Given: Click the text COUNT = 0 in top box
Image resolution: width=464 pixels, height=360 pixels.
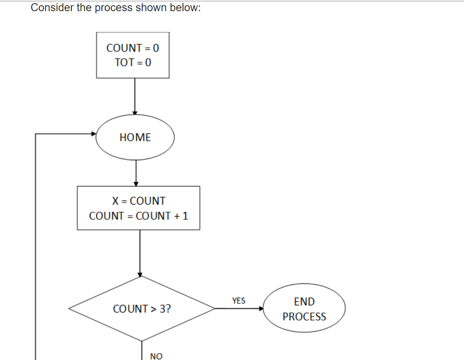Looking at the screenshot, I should (x=132, y=48).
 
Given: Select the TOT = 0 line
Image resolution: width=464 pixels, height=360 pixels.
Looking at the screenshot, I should (x=133, y=63).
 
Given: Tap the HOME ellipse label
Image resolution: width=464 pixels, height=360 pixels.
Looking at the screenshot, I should (x=135, y=137).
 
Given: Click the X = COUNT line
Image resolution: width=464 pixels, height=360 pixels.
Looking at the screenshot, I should (x=138, y=201).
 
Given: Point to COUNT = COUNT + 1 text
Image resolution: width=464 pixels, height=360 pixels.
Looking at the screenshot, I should (x=138, y=216).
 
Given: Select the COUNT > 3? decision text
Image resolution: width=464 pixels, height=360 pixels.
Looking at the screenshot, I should (x=142, y=309).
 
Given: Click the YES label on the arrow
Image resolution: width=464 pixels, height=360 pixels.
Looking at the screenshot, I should (x=239, y=300).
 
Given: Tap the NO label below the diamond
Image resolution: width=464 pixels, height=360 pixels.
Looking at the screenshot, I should (x=156, y=356).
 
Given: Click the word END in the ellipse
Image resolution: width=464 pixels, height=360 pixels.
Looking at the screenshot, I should (x=304, y=302).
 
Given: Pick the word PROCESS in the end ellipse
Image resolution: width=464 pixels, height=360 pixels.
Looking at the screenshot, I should (x=304, y=317).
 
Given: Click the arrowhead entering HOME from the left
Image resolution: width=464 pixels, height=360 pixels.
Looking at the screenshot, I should (x=94, y=134).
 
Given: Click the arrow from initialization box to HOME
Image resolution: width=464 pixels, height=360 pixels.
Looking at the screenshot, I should (x=135, y=96).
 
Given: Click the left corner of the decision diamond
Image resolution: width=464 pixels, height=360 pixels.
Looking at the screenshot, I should (x=70, y=308).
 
